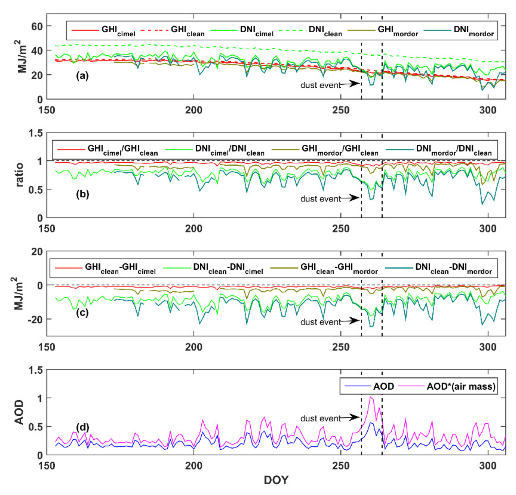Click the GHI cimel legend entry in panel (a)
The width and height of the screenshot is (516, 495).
[x=103, y=31]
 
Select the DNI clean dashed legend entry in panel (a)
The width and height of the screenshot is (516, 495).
[x=311, y=31]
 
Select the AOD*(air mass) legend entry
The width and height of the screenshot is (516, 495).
[x=447, y=386]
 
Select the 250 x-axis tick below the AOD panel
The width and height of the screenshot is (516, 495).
[x=341, y=465]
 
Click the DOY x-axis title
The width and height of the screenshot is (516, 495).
[x=276, y=480]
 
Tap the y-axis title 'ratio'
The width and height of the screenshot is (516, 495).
[x=20, y=175]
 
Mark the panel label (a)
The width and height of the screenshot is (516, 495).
[x=82, y=76]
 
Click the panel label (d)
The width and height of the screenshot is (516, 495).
[x=82, y=427]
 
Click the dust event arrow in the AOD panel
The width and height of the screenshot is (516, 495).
[x=350, y=417]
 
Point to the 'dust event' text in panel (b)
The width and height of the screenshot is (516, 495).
[x=320, y=199]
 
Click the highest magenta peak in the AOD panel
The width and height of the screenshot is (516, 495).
[x=371, y=397]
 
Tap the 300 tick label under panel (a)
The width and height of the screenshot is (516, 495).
[x=488, y=110]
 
